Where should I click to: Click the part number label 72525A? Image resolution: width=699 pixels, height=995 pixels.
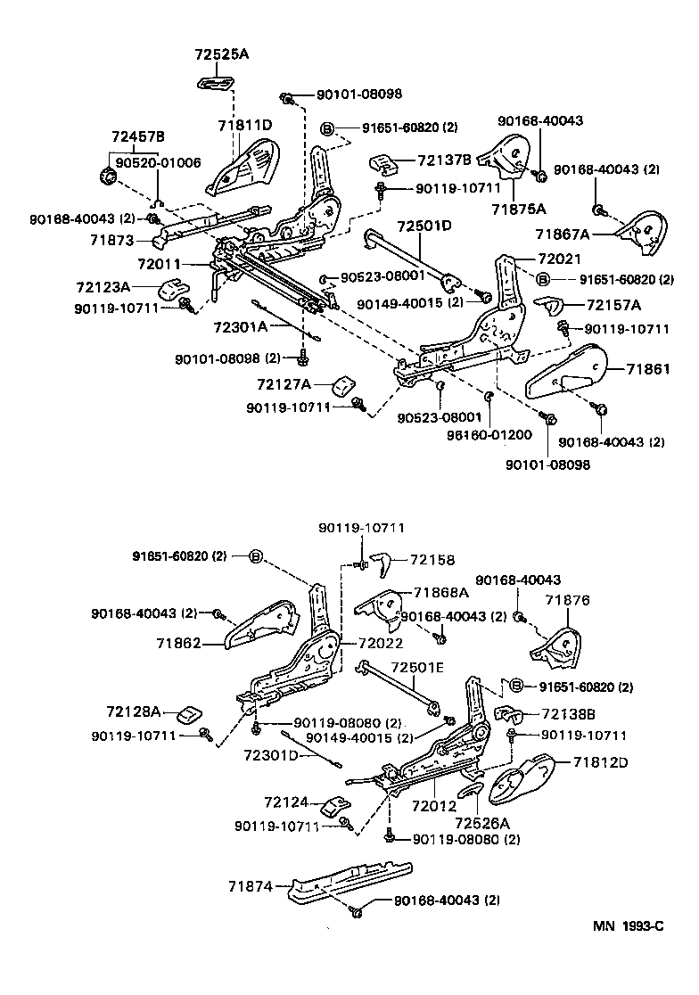click(221, 54)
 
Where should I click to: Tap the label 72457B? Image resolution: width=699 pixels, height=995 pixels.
click(137, 136)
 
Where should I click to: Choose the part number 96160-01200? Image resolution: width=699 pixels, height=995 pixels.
click(489, 434)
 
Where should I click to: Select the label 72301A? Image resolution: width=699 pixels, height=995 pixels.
click(240, 326)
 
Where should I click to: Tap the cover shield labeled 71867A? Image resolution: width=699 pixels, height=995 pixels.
click(641, 229)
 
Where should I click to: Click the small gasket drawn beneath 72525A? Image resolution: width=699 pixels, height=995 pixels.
click(216, 83)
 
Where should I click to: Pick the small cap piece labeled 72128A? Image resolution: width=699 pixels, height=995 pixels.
click(190, 714)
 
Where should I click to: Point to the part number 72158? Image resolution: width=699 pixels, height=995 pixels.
click(432, 560)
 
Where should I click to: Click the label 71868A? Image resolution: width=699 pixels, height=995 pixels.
click(440, 593)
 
